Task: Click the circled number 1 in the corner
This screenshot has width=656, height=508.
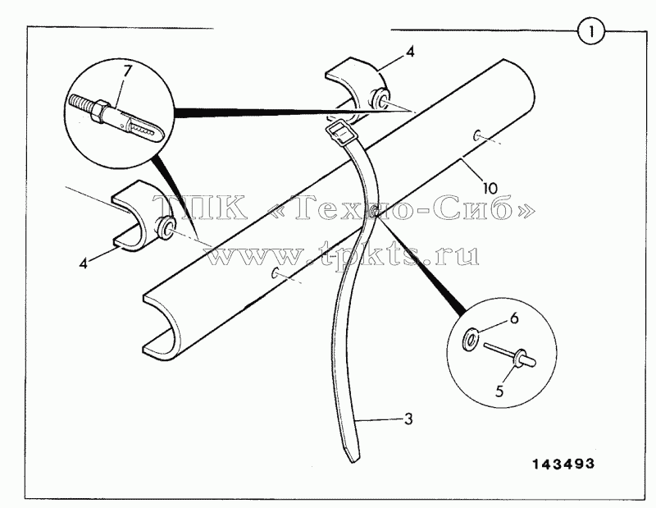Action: click(x=591, y=32)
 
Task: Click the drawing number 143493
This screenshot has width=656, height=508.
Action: click(x=563, y=464)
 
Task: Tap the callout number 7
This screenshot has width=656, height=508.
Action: click(x=126, y=71)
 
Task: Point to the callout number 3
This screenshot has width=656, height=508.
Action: click(x=408, y=419)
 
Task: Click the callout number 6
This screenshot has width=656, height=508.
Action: click(x=514, y=318)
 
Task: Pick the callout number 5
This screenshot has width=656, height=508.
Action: click(x=499, y=391)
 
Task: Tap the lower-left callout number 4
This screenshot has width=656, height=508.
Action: click(x=84, y=263)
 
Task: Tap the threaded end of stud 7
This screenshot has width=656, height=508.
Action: click(x=80, y=104)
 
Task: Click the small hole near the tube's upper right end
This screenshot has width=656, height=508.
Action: click(x=477, y=135)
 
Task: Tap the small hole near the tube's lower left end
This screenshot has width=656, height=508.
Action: click(x=275, y=273)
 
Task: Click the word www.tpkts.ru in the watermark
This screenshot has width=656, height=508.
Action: click(x=342, y=254)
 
